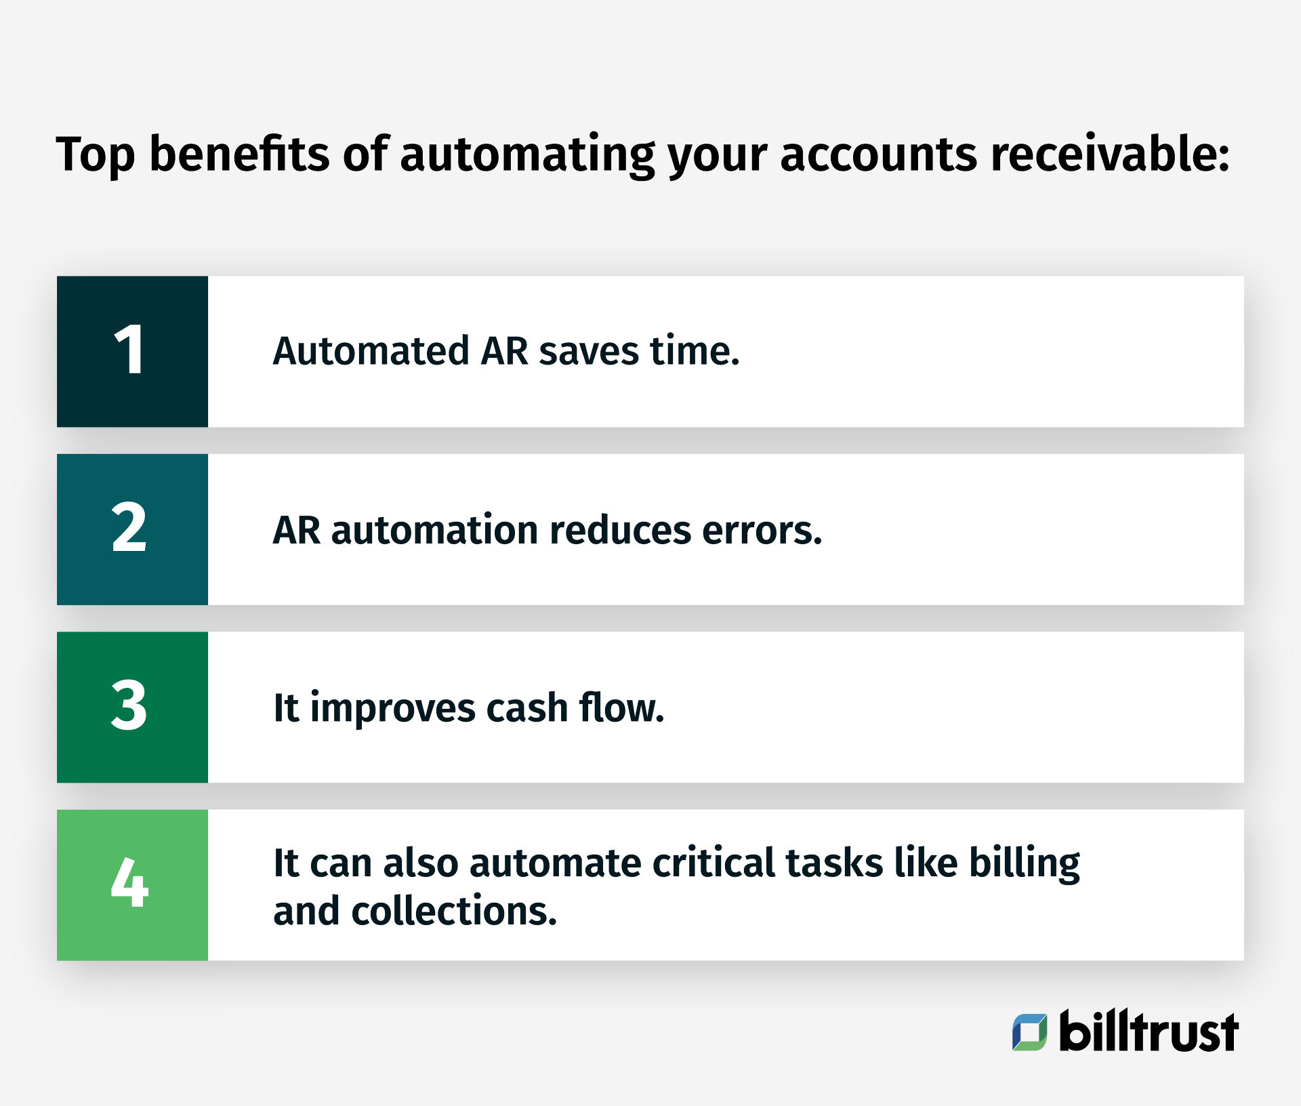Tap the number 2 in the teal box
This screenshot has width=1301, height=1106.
(x=129, y=528)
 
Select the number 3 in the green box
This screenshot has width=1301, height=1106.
(x=129, y=706)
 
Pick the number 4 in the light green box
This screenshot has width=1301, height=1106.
(x=129, y=883)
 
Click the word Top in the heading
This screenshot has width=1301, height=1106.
(x=95, y=155)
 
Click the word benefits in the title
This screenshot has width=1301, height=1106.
(x=239, y=154)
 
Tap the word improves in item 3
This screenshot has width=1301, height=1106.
(x=393, y=710)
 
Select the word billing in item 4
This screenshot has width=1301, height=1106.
(x=1024, y=863)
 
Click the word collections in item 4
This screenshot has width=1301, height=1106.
(x=453, y=911)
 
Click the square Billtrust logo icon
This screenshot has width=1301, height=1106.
(x=1029, y=1031)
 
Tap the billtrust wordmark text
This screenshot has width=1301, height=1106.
(x=1149, y=1031)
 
